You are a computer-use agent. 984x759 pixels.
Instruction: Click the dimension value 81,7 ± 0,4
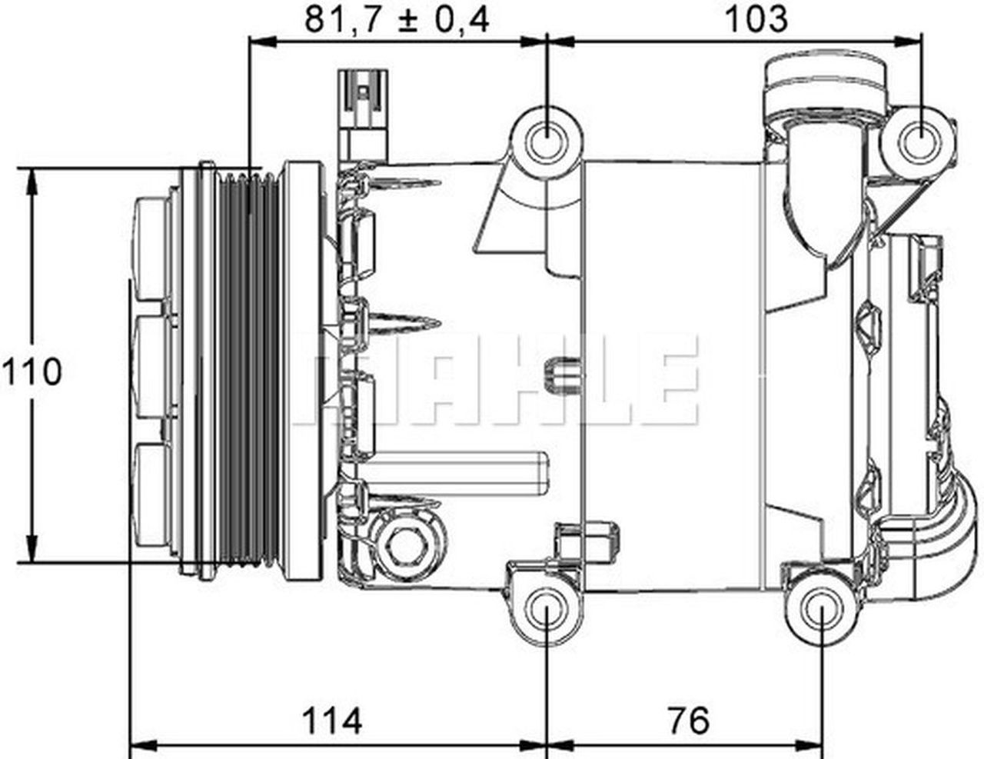pyautogui.click(x=397, y=18)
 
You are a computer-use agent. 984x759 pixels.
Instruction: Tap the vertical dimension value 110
pyautogui.click(x=31, y=372)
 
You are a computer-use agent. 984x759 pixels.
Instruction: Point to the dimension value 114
pyautogui.click(x=331, y=721)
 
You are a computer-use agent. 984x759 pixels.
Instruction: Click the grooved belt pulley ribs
pyautogui.click(x=248, y=372)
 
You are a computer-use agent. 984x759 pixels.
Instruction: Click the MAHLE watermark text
pyautogui.click(x=500, y=380)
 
